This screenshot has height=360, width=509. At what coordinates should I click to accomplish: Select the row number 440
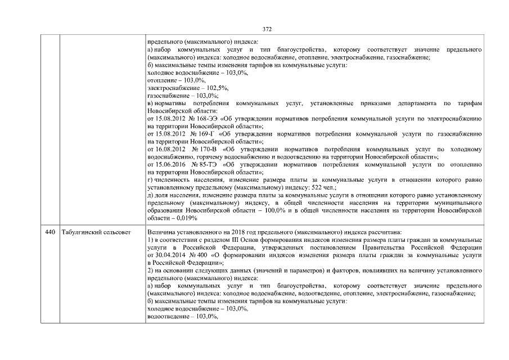pyautogui.click(x=51, y=231)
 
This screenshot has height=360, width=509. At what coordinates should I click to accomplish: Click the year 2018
pyautogui.click(x=228, y=231)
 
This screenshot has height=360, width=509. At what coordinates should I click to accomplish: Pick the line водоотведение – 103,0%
pyautogui.click(x=182, y=317)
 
